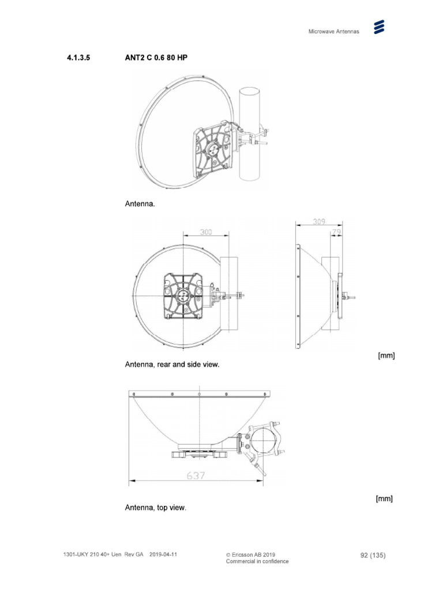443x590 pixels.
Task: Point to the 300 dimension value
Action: (206, 232)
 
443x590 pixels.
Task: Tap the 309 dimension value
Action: (320, 221)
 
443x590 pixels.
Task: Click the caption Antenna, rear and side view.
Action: (172, 365)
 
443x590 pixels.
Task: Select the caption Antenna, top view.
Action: (155, 508)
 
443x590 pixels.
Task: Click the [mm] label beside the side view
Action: (386, 355)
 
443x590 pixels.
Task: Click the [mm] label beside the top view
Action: (384, 498)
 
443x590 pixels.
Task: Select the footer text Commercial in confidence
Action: (257, 561)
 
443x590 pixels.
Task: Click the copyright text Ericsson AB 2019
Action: (254, 554)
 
